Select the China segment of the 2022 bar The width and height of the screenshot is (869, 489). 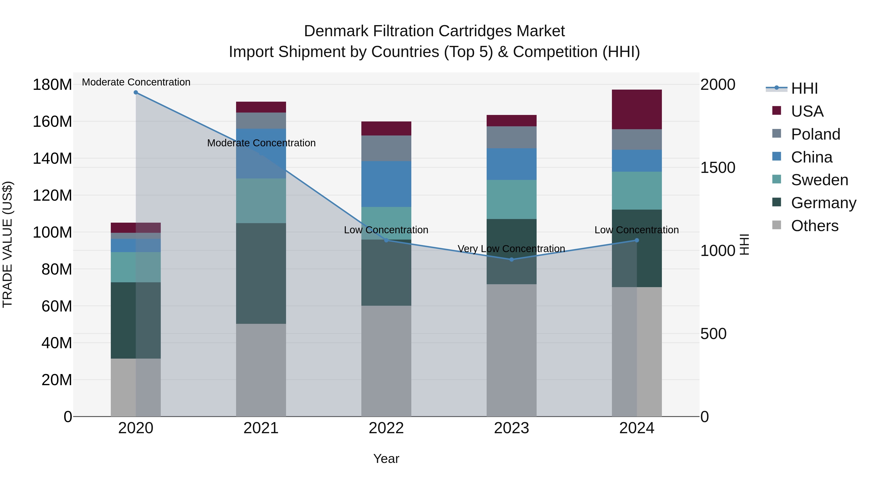(386, 184)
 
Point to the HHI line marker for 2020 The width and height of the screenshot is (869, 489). (136, 92)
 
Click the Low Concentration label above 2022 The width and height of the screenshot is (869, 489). (386, 230)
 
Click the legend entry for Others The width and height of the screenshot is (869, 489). (814, 226)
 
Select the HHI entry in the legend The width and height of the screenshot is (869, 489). (804, 88)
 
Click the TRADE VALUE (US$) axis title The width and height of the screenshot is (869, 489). (7, 244)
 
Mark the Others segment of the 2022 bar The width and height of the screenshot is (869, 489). (386, 361)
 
